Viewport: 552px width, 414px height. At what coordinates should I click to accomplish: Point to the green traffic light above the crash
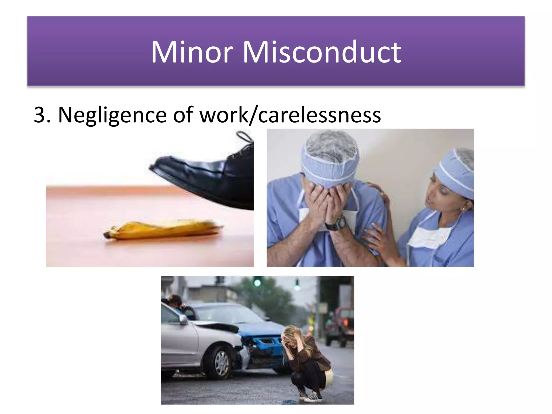coord(257,282)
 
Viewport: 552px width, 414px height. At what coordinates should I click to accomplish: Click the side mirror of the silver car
coord(184,319)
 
